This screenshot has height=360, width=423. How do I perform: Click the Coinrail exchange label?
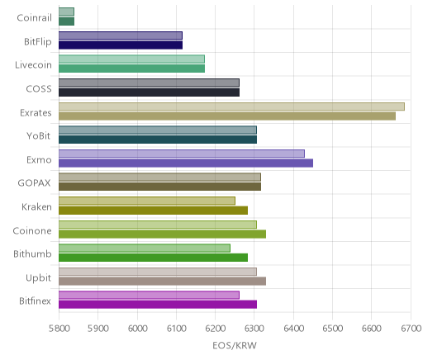coord(34,18)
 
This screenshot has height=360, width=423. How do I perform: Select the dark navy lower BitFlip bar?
coord(121,45)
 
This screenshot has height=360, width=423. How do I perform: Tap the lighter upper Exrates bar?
coord(231,107)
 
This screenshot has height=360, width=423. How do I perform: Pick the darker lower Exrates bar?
coord(227,116)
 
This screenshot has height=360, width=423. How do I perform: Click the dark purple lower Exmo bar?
coord(186,163)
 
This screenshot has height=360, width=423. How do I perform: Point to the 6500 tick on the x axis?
coord(332,329)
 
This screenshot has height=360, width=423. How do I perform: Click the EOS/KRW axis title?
coord(235,345)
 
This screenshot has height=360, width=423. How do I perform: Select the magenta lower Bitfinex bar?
coord(158,305)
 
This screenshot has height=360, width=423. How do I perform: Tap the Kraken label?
coord(36,207)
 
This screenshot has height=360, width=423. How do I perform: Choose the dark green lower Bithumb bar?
coord(153,258)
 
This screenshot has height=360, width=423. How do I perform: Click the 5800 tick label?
coord(59,329)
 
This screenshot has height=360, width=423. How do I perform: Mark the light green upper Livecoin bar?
coord(131,59)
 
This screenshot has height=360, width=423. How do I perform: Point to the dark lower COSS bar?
coord(149,92)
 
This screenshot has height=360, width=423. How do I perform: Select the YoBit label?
coord(39,136)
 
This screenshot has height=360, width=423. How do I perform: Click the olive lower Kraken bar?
coord(153,211)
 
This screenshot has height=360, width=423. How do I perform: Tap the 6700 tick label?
coord(411,329)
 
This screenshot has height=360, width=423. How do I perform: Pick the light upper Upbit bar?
coord(158,272)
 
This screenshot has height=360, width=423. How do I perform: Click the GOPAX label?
coord(34,183)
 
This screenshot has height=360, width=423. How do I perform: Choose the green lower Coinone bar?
coord(162,234)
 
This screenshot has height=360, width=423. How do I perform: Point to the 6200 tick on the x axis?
coord(215,329)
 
